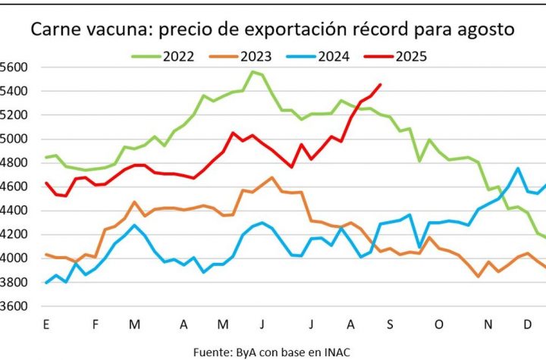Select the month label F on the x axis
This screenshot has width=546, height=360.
click(x=96, y=326)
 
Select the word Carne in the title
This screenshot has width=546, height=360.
click(x=52, y=30)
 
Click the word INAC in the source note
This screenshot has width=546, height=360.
click(x=336, y=352)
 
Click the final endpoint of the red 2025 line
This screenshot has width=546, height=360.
click(x=380, y=85)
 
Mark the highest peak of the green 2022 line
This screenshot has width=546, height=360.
click(x=252, y=72)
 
